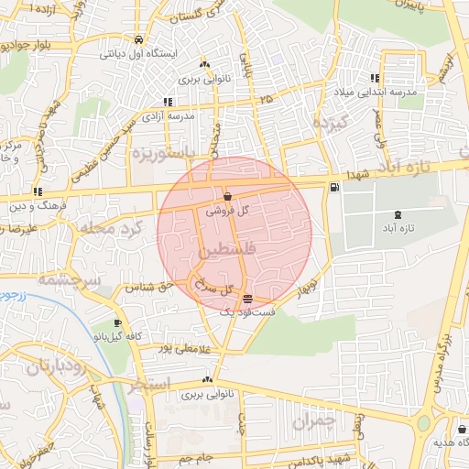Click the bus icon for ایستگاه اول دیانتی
[137, 40]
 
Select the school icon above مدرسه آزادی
[167, 102]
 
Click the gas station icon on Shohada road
[333, 188]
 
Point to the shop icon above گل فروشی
[226, 196]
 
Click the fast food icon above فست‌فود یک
[248, 299]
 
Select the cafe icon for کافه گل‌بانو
[117, 323]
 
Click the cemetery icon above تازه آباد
[397, 213]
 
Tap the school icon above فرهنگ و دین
[38, 191]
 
